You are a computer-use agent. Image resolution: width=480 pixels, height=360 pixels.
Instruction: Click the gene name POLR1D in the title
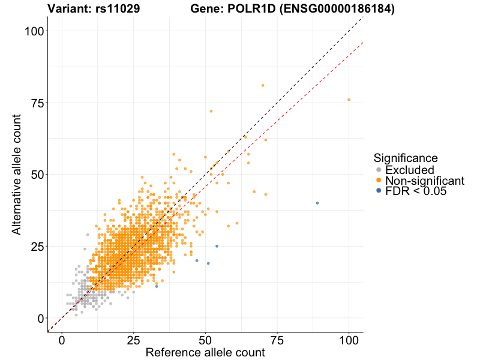coord(251,9)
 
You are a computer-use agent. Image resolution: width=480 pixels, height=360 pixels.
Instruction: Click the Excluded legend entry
coord(409,170)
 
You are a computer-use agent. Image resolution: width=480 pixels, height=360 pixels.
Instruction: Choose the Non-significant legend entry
coord(424,181)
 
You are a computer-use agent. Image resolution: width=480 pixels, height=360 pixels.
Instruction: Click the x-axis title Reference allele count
coord(205,353)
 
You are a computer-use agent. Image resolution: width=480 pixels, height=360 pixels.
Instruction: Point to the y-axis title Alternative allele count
coord(17,174)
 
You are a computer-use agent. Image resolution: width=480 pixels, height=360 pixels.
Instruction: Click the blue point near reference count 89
coord(317,203)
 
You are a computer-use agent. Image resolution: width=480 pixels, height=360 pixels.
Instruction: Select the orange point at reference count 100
coord(349,100)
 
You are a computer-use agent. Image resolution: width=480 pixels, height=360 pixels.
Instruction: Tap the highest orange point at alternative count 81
coord(263,85)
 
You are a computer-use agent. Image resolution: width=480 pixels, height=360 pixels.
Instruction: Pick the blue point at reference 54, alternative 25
coord(217,246)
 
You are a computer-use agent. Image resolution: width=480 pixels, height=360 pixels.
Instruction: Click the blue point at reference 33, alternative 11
coord(157,286)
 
